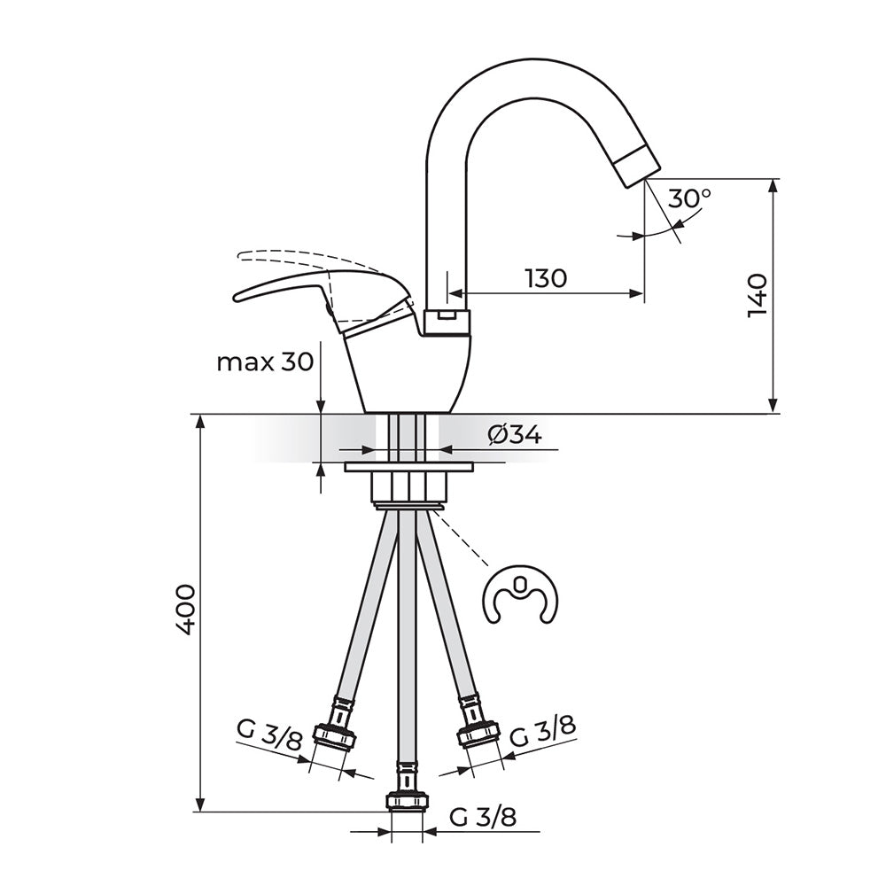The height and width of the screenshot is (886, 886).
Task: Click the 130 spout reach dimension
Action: tap(545, 278)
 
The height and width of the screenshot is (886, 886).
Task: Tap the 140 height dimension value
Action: tap(758, 295)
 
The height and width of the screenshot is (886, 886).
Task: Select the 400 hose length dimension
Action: tap(185, 610)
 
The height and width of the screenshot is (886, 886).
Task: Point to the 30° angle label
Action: tap(689, 198)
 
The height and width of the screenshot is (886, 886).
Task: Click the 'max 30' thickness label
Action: tap(264, 361)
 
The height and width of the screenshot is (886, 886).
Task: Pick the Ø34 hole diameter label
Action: tap(515, 435)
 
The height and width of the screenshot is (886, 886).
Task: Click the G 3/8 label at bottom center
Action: tap(483, 817)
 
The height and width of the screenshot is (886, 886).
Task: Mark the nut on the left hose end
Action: tap(335, 734)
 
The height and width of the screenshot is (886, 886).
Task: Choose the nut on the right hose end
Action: tap(478, 734)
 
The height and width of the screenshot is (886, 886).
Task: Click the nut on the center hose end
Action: tap(407, 802)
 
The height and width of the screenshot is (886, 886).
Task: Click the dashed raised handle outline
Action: tap(294, 256)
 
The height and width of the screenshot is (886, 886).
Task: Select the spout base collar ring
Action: tap(447, 323)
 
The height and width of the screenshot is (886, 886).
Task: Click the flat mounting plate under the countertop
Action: tap(408, 467)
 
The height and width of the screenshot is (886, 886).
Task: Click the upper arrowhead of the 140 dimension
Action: tap(773, 185)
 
